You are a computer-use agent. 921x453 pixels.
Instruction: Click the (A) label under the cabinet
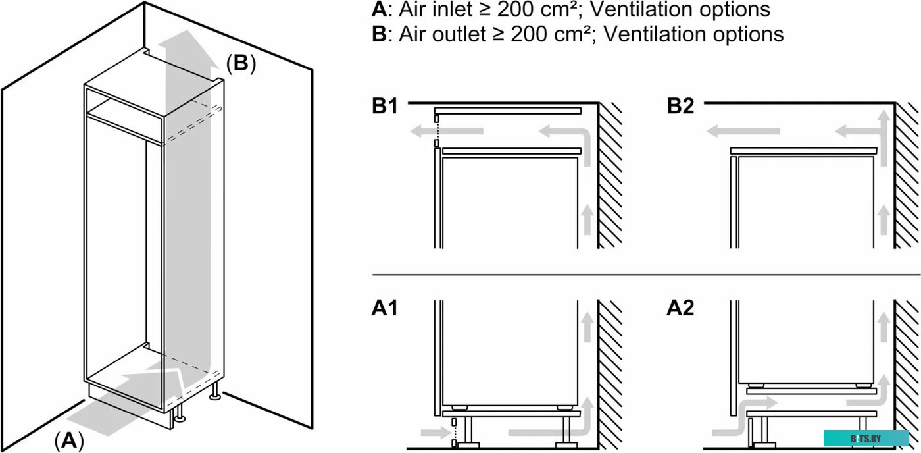[69, 440]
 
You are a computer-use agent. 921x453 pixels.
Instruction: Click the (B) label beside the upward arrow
[241, 64]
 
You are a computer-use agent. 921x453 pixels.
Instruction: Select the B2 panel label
[680, 107]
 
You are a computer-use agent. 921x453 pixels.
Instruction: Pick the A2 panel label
[680, 308]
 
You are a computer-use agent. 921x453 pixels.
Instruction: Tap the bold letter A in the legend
[378, 10]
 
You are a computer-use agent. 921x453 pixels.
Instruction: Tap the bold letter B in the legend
[378, 34]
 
